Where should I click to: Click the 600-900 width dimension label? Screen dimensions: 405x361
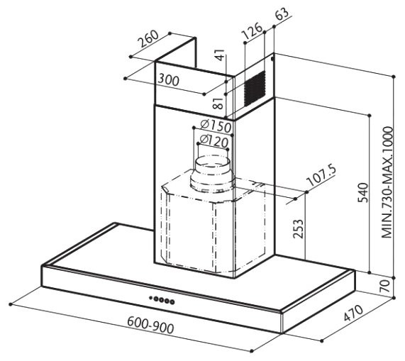150,325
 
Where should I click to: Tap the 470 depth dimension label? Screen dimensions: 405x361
354,313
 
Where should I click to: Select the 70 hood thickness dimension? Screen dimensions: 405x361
385,286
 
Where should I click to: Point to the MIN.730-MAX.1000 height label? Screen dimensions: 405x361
387,182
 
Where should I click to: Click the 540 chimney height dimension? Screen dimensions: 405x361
363,193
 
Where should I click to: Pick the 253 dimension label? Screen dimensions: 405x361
298,229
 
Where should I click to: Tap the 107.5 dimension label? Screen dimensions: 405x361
321,176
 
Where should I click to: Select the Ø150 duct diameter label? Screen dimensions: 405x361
216,126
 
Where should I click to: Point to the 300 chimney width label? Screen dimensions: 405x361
168,80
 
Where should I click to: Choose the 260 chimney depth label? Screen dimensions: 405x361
148,39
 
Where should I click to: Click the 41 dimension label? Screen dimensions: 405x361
220,55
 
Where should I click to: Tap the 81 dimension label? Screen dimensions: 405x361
218,104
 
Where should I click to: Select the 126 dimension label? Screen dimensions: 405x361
252,31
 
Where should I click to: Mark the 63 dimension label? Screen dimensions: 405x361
282,14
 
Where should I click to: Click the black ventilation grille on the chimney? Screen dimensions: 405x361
255,89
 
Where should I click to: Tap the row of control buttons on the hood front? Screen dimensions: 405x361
162,300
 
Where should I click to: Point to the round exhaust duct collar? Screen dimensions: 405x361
212,174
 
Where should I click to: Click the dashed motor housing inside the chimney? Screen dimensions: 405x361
213,222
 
